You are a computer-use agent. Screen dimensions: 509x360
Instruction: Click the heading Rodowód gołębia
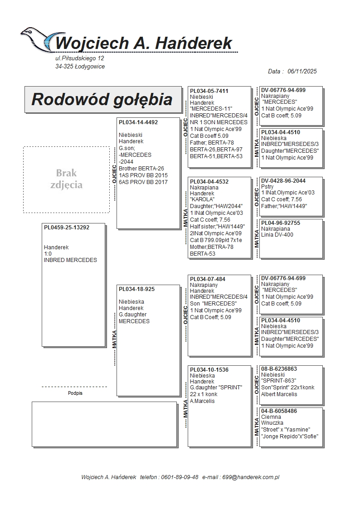click(102, 99)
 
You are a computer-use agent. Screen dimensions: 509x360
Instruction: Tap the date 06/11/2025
click(302, 71)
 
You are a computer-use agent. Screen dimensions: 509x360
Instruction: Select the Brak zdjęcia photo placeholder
click(66, 179)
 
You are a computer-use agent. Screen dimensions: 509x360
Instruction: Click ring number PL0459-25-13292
click(67, 228)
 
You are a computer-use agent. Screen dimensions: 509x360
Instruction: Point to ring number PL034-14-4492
click(138, 122)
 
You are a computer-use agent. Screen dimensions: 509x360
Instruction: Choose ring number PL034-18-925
click(136, 289)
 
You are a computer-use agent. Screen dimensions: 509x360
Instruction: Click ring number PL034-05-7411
click(209, 91)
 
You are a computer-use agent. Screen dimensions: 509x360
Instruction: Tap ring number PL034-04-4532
click(209, 182)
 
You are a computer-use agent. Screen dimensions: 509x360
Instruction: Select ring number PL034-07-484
click(207, 279)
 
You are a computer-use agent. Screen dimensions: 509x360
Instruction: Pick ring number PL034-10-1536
click(209, 370)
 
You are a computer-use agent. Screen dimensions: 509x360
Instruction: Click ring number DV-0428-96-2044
click(283, 181)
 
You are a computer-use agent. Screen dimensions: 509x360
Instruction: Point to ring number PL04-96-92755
click(281, 223)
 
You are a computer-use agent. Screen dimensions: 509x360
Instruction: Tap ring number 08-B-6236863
click(279, 369)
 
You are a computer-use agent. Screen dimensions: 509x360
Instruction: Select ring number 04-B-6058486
click(279, 411)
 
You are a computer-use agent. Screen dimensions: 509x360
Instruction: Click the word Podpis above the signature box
click(75, 393)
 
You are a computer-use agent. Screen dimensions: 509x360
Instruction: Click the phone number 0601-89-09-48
click(180, 477)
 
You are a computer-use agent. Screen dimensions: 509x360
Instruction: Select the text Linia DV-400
click(277, 235)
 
